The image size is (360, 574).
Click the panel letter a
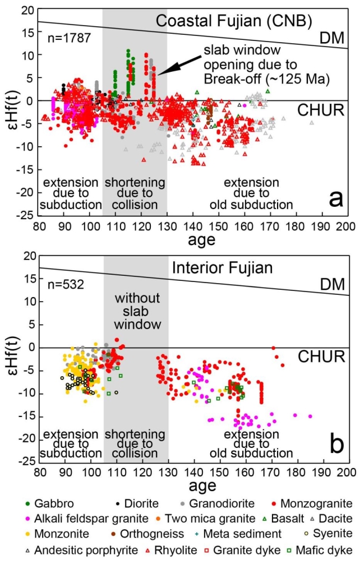coord(335,198)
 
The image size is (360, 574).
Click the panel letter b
coord(335,445)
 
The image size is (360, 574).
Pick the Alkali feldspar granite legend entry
coord(84,519)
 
